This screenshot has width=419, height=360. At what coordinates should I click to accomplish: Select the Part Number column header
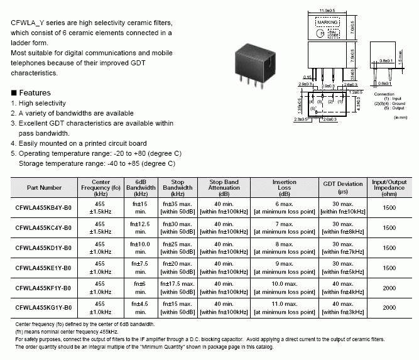tap(44, 187)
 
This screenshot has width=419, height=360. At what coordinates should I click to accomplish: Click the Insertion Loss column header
tap(285, 187)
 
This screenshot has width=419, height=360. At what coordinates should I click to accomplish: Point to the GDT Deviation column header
tap(343, 187)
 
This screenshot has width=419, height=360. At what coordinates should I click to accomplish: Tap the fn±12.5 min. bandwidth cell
tap(141, 227)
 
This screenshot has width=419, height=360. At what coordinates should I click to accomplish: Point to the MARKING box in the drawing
tap(327, 22)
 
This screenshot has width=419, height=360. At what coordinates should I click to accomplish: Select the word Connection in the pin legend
tap(384, 94)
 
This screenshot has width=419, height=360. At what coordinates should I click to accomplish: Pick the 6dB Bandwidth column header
tap(141, 187)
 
